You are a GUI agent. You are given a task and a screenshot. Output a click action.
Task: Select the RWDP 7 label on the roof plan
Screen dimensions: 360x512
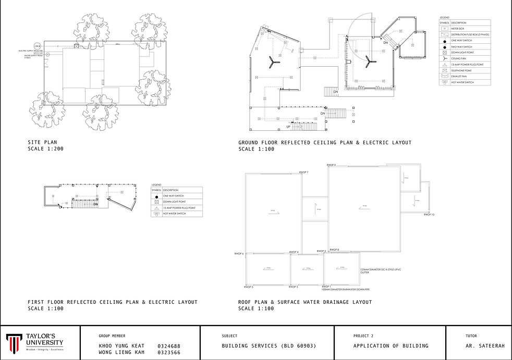coord(303,172)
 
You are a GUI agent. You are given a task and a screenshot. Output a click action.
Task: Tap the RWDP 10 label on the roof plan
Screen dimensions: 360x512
coord(429,215)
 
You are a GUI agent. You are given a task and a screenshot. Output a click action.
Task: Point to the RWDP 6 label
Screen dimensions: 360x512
coord(240,254)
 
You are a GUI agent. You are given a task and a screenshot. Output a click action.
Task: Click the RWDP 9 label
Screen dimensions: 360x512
coord(331,165)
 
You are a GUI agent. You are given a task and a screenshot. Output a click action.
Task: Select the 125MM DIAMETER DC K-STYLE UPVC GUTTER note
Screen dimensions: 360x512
coord(373,271)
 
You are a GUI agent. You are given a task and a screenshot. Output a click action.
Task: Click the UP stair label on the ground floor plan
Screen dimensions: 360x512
coord(288,127)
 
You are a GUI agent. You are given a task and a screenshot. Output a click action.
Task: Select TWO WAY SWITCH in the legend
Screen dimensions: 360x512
coord(461,47)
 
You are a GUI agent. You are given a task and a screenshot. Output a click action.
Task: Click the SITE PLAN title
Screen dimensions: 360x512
coord(42,142)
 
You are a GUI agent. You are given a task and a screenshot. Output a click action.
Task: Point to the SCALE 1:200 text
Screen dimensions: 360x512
coord(46,149)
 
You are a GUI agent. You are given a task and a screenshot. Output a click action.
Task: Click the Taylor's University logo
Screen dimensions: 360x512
coord(35,342)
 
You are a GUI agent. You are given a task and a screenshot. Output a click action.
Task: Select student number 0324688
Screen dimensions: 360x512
coord(168,346)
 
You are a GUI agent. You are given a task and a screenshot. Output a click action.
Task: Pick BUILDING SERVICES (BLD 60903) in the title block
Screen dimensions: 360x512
coord(269,346)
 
